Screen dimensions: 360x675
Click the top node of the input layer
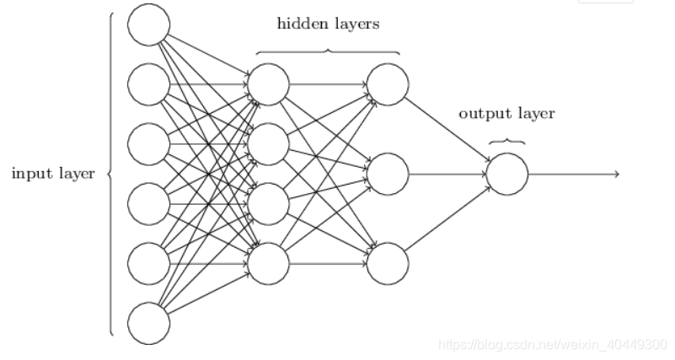tap(148, 25)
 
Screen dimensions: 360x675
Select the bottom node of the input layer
tap(148, 324)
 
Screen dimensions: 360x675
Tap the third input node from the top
tap(148, 144)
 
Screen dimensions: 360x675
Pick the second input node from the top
tap(148, 84)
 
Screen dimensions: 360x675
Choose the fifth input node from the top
tap(148, 264)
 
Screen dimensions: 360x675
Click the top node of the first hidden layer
tap(269, 84)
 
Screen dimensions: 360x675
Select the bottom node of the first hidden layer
tap(269, 264)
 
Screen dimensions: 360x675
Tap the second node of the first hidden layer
tap(269, 144)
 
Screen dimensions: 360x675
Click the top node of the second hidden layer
tap(388, 84)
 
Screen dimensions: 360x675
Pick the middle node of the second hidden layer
tap(388, 174)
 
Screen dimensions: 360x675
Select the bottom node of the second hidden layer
tap(388, 264)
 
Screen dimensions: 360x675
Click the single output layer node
tap(507, 174)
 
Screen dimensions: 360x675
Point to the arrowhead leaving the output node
tap(616, 174)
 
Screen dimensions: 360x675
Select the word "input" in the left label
tap(30, 174)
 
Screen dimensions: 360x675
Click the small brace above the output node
tap(507, 142)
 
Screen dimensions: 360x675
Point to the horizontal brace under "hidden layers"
tap(328, 52)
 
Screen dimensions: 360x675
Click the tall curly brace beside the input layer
tap(110, 174)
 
